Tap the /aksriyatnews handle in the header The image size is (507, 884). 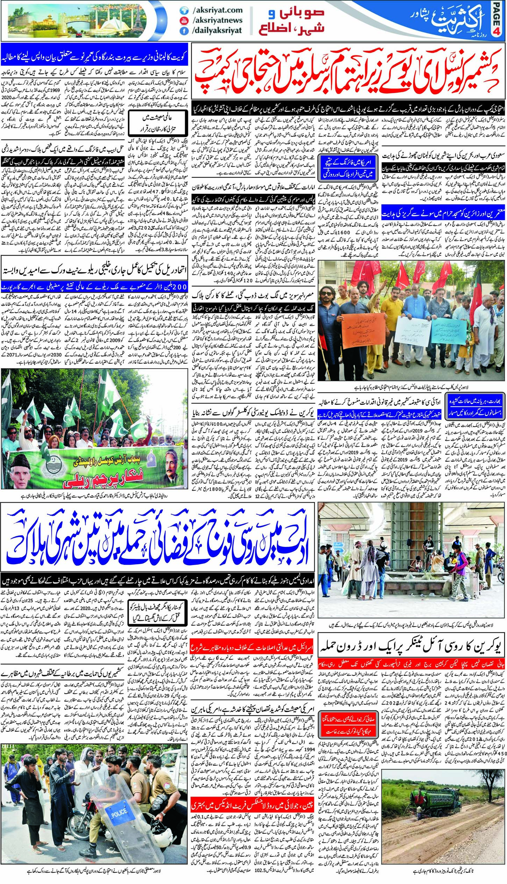pyautogui.click(x=217, y=20)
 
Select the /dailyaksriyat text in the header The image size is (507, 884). pyautogui.click(x=217, y=30)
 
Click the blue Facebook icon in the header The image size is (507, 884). pyautogui.click(x=184, y=31)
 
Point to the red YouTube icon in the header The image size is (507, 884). pyautogui.click(x=184, y=20)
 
